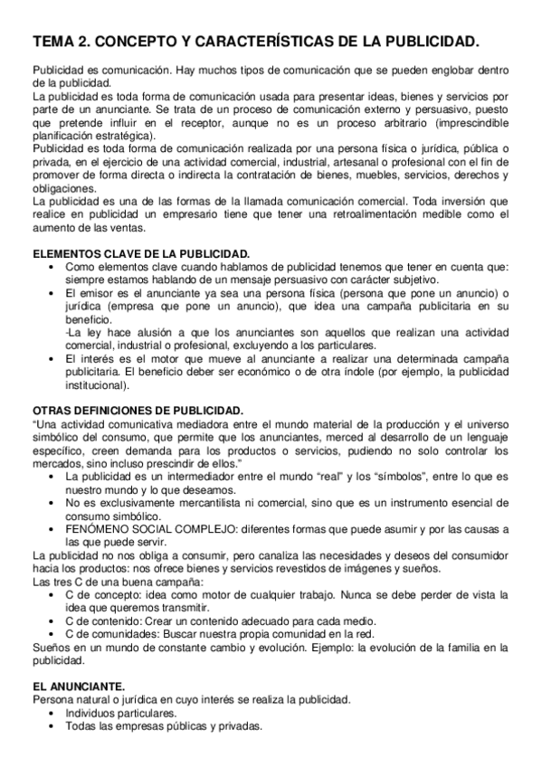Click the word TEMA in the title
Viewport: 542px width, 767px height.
[52, 42]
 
